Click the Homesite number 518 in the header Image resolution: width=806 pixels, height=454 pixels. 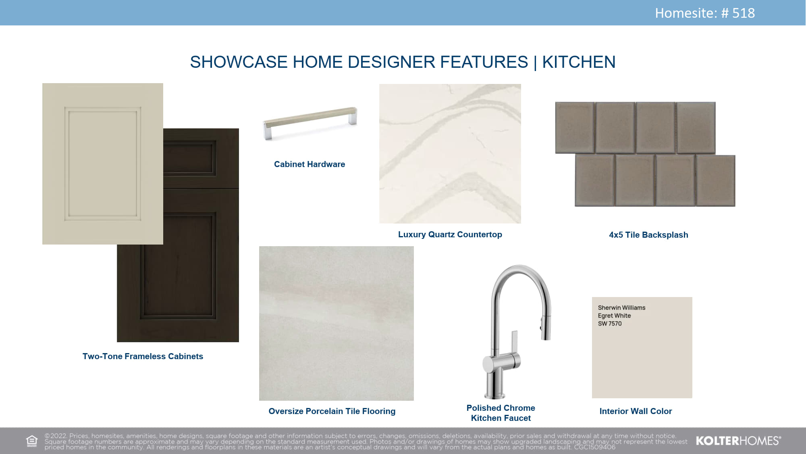coord(743,13)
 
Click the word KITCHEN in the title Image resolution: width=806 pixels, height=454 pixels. coord(579,62)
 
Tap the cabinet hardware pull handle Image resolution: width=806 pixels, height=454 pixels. coord(310,123)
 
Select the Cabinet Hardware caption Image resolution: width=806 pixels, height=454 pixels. coord(310,164)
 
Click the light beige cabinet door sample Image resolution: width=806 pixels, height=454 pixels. coord(103,163)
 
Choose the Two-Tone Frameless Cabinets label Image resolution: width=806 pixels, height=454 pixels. coord(143,356)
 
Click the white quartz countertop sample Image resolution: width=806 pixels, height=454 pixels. coord(450,153)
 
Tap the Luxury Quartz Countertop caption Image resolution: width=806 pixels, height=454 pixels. coord(450,234)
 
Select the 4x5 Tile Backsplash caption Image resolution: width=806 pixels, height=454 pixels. coord(648,235)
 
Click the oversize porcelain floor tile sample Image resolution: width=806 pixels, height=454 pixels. coord(337,323)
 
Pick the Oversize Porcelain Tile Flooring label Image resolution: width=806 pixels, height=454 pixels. coord(332,411)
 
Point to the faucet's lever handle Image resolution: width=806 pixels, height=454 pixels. coord(514,343)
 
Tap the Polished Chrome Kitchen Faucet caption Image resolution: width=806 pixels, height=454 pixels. coord(501,413)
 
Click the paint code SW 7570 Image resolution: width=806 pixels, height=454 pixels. coord(610,324)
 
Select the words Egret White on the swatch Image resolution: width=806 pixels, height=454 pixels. coord(614,316)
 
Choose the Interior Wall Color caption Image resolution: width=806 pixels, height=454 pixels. coord(636,411)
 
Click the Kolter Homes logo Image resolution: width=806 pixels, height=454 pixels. coord(738,441)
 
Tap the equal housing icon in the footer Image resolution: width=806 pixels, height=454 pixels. coord(31,441)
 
